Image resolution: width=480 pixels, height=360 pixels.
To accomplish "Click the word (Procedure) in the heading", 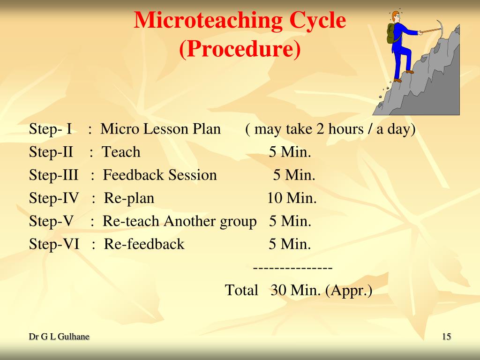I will (x=240, y=49).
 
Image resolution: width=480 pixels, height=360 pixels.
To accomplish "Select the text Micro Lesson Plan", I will (x=161, y=129).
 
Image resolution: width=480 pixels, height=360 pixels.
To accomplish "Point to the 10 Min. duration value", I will (x=292, y=198).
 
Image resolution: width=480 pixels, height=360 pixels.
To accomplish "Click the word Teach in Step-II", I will (x=121, y=152).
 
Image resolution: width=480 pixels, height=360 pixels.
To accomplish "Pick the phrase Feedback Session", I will (x=160, y=175).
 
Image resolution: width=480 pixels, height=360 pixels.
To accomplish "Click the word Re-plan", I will (x=129, y=198).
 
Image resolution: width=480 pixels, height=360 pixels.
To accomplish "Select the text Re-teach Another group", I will (x=180, y=221).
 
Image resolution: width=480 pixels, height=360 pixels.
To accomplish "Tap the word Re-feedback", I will (x=144, y=244).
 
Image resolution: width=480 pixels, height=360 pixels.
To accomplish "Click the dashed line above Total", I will (x=292, y=268).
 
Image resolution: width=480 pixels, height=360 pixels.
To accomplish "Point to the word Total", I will (x=241, y=290).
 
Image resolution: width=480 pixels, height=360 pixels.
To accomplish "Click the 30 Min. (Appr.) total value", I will (x=321, y=290).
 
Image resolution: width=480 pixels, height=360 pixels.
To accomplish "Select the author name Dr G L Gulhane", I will (x=59, y=337).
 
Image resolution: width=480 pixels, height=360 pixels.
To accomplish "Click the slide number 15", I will (x=446, y=337).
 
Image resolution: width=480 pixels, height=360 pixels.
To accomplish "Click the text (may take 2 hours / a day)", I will (x=330, y=129).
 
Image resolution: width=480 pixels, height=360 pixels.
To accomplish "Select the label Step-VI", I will (x=54, y=244).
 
